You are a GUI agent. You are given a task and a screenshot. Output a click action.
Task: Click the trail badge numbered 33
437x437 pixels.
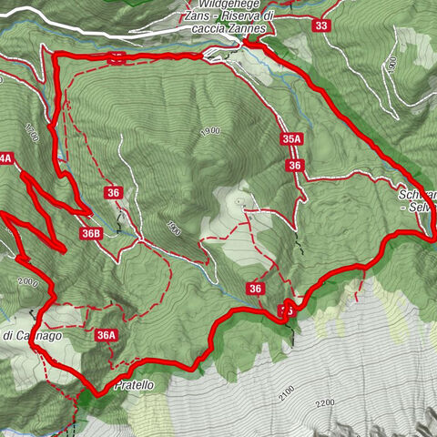tap(320, 25)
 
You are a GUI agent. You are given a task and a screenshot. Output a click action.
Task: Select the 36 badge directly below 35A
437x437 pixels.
tap(294, 166)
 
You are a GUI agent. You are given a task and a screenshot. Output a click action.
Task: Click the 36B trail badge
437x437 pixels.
tap(90, 234)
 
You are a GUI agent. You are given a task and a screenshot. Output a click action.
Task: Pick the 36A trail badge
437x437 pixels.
tap(107, 336)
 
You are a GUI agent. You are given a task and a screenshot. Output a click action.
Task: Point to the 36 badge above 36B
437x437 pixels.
tap(114, 193)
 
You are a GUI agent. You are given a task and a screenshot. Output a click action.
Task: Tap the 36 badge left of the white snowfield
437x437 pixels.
tap(256, 290)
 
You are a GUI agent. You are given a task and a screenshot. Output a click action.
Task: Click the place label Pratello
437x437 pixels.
tap(135, 386)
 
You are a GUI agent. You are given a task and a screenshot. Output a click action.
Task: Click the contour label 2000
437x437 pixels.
tap(26, 284)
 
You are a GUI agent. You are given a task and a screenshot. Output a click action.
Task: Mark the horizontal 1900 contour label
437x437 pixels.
tap(208, 131)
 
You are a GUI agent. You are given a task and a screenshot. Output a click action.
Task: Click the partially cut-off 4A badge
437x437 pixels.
tap(5, 158)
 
